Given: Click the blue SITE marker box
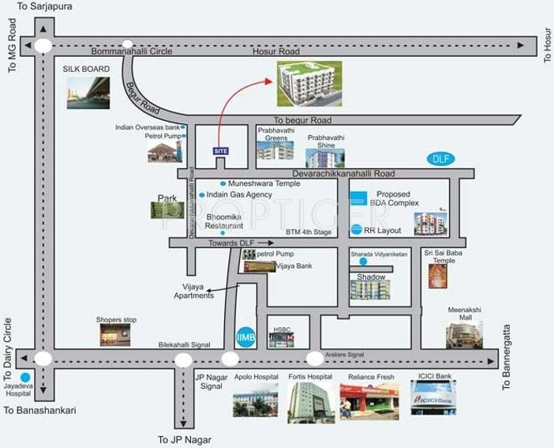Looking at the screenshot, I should [221, 150].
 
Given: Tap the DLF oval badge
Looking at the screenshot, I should [440, 159].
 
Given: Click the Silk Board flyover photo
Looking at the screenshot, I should [88, 92].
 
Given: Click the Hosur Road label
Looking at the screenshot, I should [275, 51].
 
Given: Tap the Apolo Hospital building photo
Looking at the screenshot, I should [255, 402].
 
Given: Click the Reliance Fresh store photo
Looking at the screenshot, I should [368, 401].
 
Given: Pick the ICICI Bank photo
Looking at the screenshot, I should [432, 397].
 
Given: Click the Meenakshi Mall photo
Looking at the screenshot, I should [464, 334].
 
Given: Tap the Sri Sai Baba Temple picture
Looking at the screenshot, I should [438, 276].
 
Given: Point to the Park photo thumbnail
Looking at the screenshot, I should [167, 209].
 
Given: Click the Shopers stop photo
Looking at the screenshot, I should [115, 335].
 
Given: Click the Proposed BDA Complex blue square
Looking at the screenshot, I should [358, 198].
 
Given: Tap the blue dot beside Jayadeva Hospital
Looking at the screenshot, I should [25, 378].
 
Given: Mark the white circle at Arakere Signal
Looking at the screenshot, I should [314, 359].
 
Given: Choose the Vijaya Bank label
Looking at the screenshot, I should [294, 266].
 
